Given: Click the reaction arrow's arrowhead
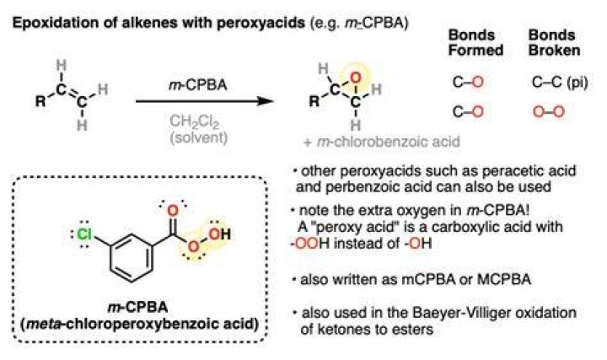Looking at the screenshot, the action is point(266,101).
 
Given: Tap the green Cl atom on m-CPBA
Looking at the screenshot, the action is point(84,234).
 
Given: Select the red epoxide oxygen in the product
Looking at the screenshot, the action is point(356,78).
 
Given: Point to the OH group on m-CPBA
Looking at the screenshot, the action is point(219,234).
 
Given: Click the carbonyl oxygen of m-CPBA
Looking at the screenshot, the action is point(172,211).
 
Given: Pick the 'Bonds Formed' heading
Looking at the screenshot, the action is point(475,43).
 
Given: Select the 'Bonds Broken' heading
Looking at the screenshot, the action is point(555,43).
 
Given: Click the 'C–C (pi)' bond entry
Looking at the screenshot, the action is point(560,82).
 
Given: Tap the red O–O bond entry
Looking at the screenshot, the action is point(549,112).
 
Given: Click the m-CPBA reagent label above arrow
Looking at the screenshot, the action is point(197,85).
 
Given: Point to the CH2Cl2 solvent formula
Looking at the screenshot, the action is point(195,121).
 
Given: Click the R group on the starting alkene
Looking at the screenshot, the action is point(40,101).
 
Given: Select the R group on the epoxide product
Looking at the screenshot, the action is point(314,101).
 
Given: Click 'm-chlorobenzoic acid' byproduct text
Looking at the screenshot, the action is point(389,142).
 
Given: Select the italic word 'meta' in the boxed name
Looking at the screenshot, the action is point(42,324).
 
